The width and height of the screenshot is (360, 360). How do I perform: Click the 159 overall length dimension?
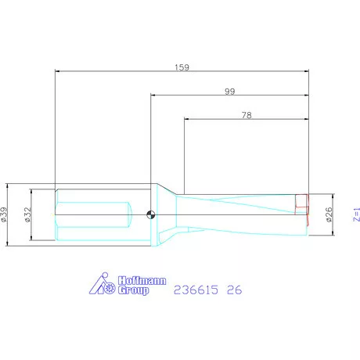(x=182, y=67)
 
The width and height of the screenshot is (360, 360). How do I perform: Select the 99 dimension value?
(x=229, y=92)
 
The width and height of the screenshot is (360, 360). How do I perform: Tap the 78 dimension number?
(x=247, y=115)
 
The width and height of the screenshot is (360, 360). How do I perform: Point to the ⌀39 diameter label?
(x=5, y=214)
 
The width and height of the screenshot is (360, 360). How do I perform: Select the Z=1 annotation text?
(x=355, y=213)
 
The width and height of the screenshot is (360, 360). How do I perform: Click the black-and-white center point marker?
(x=151, y=214)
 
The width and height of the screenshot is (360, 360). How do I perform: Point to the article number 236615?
(x=196, y=290)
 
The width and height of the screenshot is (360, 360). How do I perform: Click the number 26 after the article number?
(x=233, y=290)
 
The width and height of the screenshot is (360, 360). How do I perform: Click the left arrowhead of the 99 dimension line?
(x=154, y=96)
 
